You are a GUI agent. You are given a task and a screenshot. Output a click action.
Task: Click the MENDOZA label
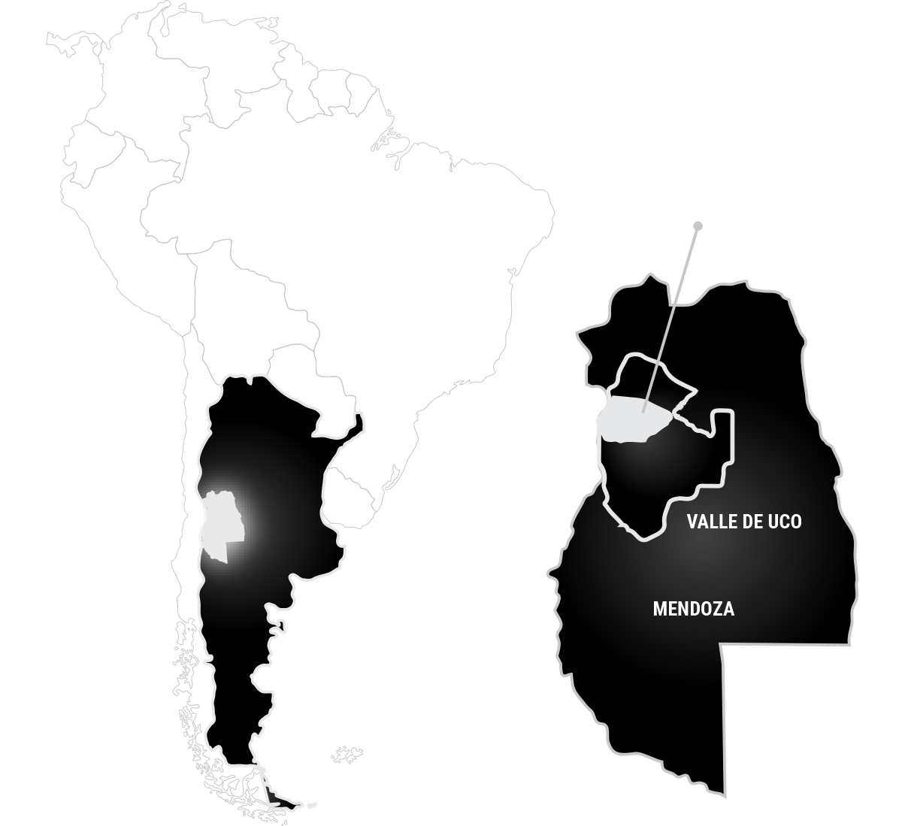tap(693, 610)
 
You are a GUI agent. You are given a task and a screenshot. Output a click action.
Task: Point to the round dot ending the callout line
tap(698, 225)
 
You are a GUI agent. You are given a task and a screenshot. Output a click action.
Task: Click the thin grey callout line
tap(670, 319)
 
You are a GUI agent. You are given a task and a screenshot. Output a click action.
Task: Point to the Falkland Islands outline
tap(347, 755)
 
